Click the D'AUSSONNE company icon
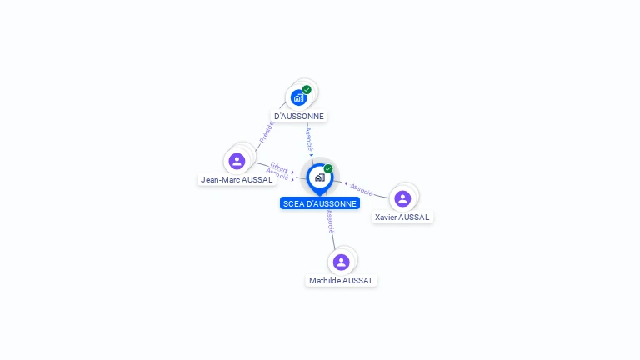click(x=298, y=97)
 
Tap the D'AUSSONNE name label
click(x=299, y=116)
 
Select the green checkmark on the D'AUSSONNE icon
click(x=307, y=89)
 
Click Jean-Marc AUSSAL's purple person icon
click(x=237, y=161)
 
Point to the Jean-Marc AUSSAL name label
click(x=237, y=179)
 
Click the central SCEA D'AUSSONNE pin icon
click(x=319, y=177)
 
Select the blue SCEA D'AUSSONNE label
click(x=320, y=203)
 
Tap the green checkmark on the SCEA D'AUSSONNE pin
click(x=328, y=168)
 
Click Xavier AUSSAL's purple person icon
click(x=402, y=198)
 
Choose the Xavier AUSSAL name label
click(x=402, y=217)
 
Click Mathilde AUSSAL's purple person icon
click(x=341, y=262)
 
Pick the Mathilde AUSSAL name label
click(x=342, y=281)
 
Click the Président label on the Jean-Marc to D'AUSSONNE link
click(x=266, y=132)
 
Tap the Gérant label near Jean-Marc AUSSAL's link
click(x=279, y=167)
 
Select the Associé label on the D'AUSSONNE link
click(x=308, y=137)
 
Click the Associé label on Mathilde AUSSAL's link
click(x=330, y=221)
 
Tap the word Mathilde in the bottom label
click(x=325, y=281)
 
